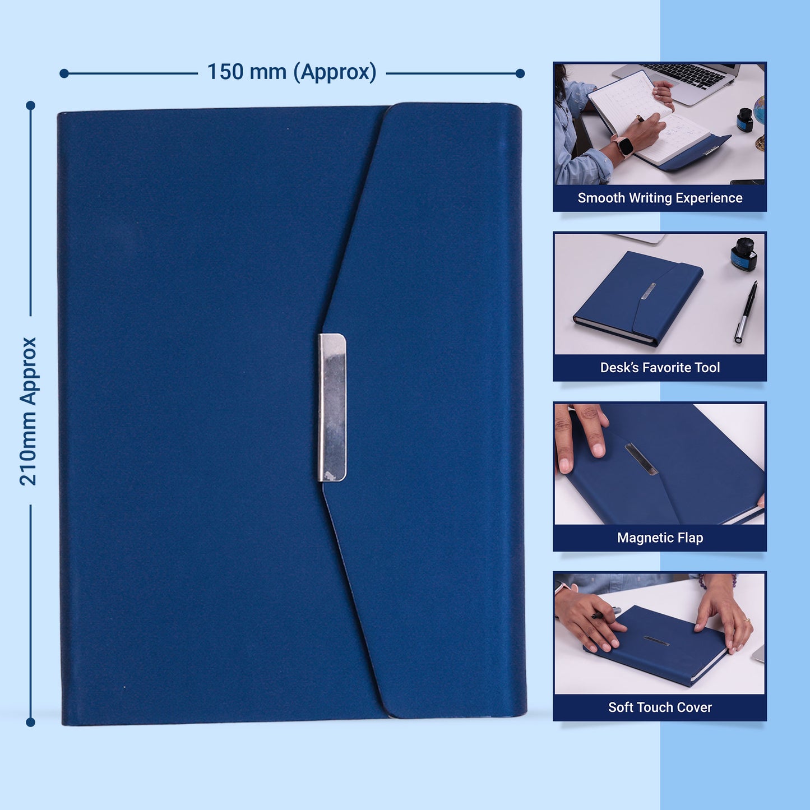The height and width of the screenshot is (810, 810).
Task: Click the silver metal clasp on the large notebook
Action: click(332, 408)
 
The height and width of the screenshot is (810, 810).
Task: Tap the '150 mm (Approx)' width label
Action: click(291, 72)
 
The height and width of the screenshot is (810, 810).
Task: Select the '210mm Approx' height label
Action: click(28, 411)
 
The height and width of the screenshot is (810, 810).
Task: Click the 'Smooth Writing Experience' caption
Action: click(660, 198)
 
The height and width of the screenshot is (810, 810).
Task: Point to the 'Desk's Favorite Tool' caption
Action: click(660, 368)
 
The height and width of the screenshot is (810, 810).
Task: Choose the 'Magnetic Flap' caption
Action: click(660, 538)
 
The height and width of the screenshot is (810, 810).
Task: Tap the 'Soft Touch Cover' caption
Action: click(660, 707)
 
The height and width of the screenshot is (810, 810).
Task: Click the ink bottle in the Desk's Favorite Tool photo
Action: click(744, 255)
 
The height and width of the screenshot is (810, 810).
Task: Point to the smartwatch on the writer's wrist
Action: click(624, 146)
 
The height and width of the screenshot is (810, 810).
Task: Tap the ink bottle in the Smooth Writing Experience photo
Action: click(744, 119)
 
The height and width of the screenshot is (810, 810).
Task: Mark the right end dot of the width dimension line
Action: click(520, 73)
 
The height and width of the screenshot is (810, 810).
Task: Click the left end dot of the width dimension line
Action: click(64, 73)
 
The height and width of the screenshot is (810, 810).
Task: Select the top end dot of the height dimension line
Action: click(31, 105)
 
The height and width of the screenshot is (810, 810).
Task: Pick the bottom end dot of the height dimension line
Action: click(31, 723)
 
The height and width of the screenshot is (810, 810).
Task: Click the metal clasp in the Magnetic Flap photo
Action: click(641, 459)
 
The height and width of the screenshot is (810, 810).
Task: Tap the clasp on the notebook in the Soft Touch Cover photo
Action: click(656, 640)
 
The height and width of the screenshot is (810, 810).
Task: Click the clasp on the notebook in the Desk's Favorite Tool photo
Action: click(648, 290)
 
